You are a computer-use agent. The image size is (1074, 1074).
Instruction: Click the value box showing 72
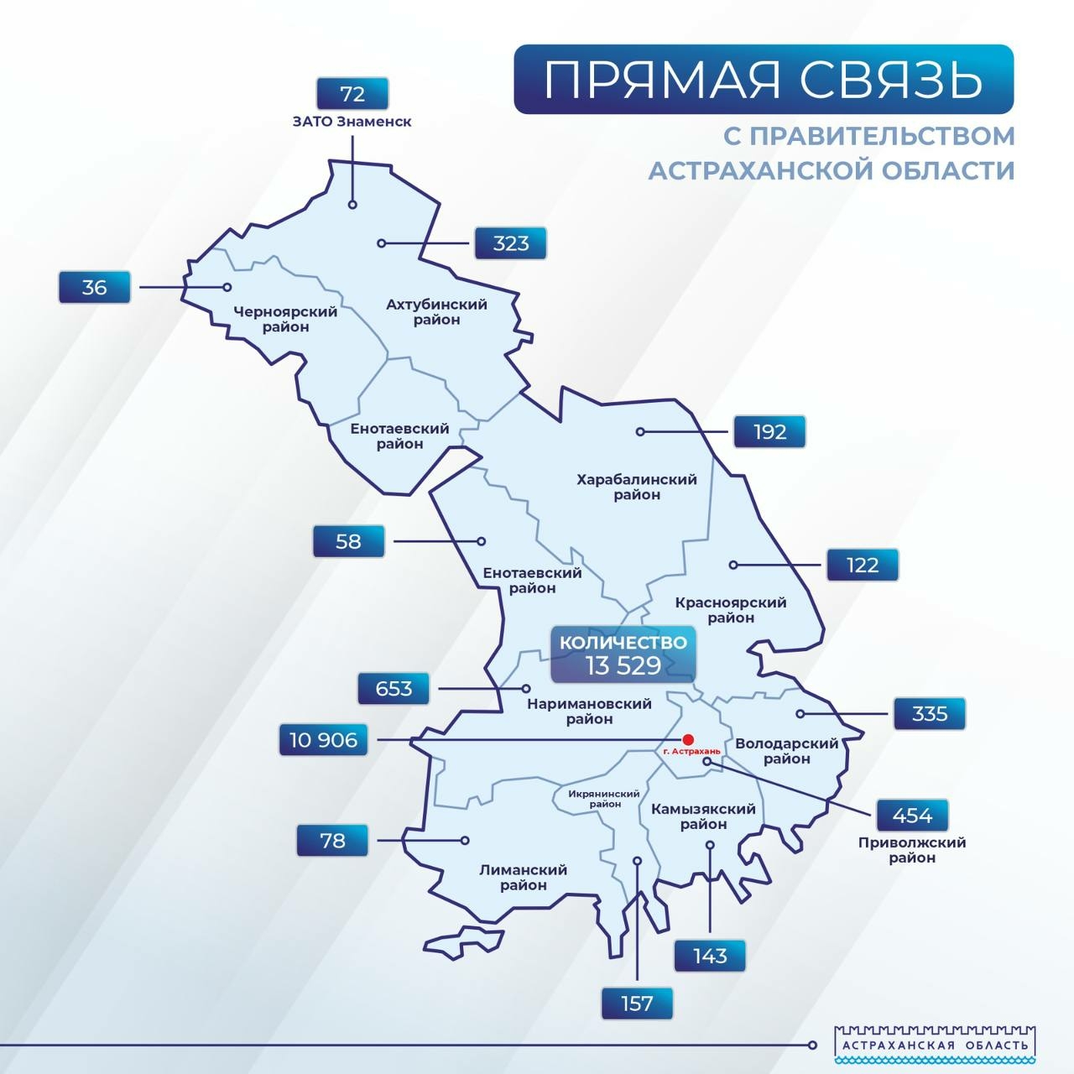[352, 94]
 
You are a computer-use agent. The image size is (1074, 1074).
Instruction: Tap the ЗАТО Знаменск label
[352, 122]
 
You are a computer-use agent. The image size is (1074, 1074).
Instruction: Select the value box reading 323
[511, 243]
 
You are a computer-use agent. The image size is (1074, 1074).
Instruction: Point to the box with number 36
[94, 287]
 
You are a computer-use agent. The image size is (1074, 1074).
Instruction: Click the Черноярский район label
[285, 319]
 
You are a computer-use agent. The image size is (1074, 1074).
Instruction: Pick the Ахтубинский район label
[436, 311]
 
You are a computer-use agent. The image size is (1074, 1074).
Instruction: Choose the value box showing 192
[769, 432]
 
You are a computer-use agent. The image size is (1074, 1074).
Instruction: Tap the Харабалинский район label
[637, 487]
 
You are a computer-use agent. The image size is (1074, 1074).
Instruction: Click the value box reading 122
[863, 565]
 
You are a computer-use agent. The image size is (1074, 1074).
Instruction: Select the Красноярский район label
[731, 610]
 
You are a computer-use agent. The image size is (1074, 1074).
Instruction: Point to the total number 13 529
[623, 666]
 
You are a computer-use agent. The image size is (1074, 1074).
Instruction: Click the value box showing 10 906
[324, 740]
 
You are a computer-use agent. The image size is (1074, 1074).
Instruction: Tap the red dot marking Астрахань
[688, 739]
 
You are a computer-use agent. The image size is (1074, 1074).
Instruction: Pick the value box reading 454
[912, 816]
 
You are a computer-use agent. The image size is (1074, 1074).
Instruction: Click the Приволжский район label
[912, 850]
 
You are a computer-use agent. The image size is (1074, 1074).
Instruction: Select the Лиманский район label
[524, 877]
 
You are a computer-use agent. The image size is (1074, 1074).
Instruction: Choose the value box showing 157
[638, 1004]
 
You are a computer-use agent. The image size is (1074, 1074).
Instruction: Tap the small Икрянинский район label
[604, 799]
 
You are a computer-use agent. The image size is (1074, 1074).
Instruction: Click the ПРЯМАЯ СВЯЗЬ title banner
[763, 80]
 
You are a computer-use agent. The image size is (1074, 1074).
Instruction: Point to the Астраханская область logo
[935, 1045]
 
